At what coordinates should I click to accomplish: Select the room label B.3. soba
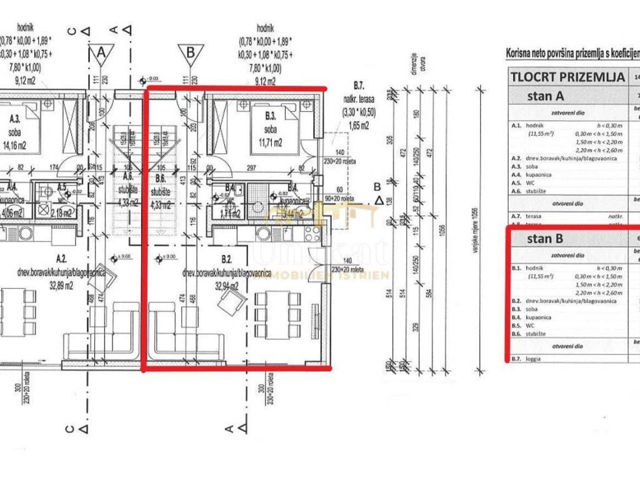(271, 120)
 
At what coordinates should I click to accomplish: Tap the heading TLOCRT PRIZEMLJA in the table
(567, 77)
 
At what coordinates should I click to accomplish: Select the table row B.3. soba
(525, 309)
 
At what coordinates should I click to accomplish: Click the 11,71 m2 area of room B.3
(267, 142)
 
